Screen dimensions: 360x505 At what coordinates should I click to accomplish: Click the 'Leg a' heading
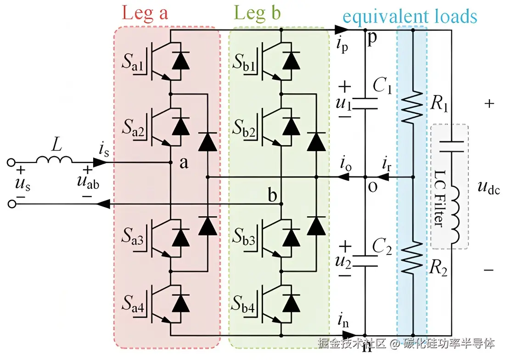click(x=145, y=13)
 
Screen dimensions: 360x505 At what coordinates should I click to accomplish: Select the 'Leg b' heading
click(x=257, y=13)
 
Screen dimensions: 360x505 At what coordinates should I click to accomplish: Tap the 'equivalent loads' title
click(x=410, y=17)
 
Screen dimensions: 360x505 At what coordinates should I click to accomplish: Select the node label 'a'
click(x=184, y=163)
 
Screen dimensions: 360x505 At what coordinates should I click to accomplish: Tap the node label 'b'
click(x=273, y=196)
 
